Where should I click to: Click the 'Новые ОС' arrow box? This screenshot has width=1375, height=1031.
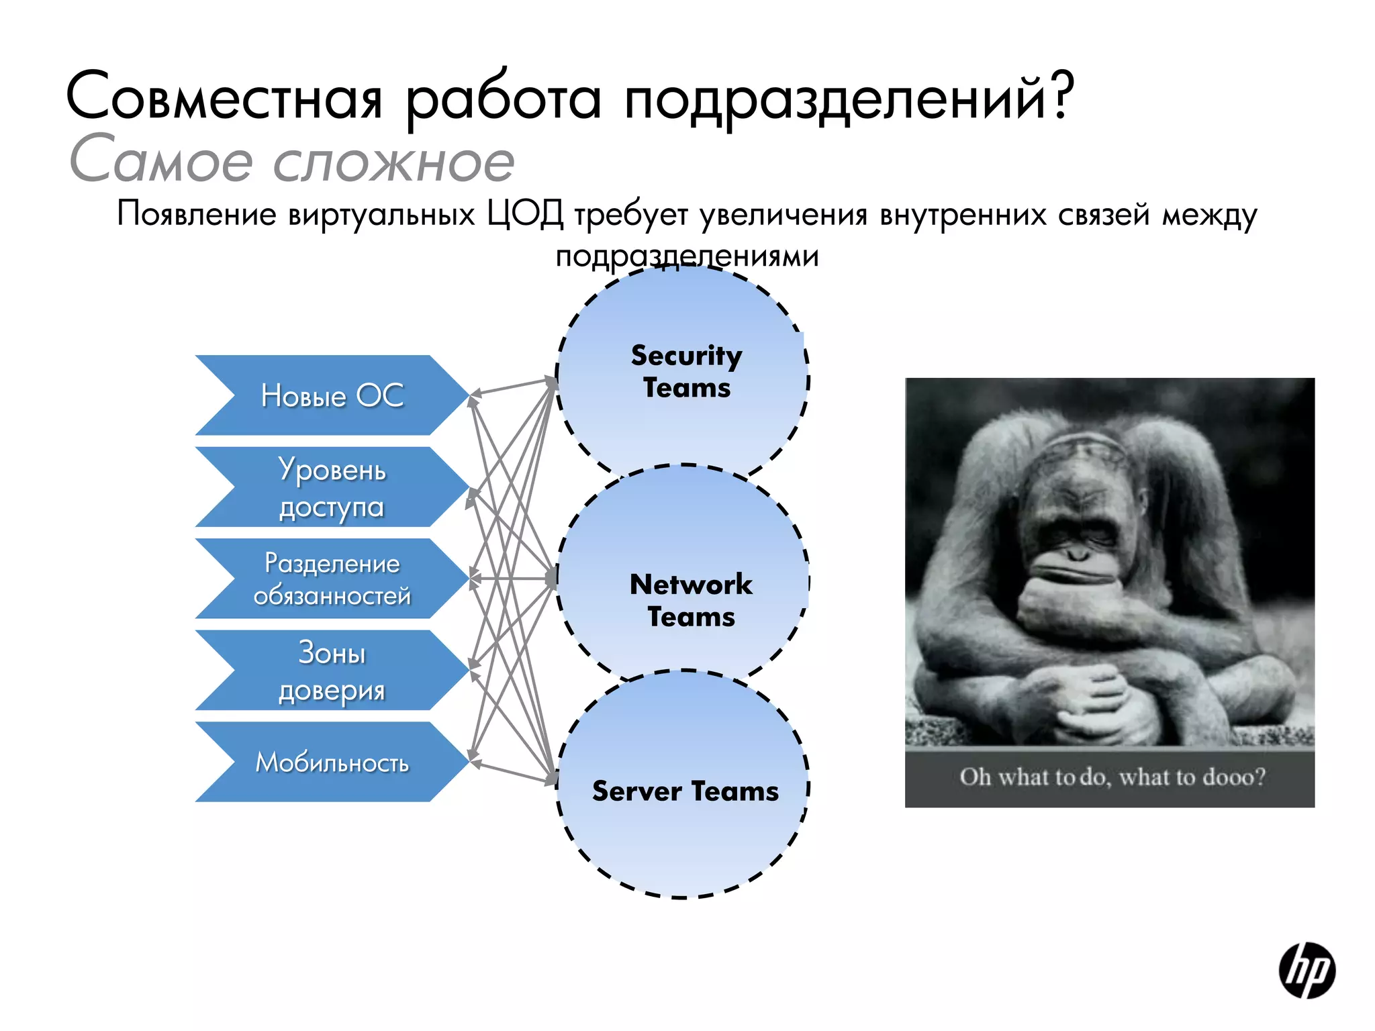[x=332, y=395]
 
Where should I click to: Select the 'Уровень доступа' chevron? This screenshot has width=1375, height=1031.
[x=332, y=488]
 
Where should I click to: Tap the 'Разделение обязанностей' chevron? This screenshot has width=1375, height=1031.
[x=332, y=579]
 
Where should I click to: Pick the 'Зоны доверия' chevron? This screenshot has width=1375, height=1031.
[x=332, y=671]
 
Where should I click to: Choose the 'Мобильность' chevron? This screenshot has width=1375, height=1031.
[x=332, y=763]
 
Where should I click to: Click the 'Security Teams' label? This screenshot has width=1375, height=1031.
[x=686, y=371]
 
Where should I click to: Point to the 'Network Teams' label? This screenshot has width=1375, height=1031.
[x=691, y=600]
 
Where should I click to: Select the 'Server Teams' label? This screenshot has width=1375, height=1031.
[x=685, y=791]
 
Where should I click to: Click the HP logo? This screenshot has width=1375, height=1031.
[x=1307, y=971]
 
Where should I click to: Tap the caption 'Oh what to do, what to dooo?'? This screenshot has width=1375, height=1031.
[x=1112, y=777]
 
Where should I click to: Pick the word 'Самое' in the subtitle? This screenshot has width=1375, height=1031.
[x=161, y=161]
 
